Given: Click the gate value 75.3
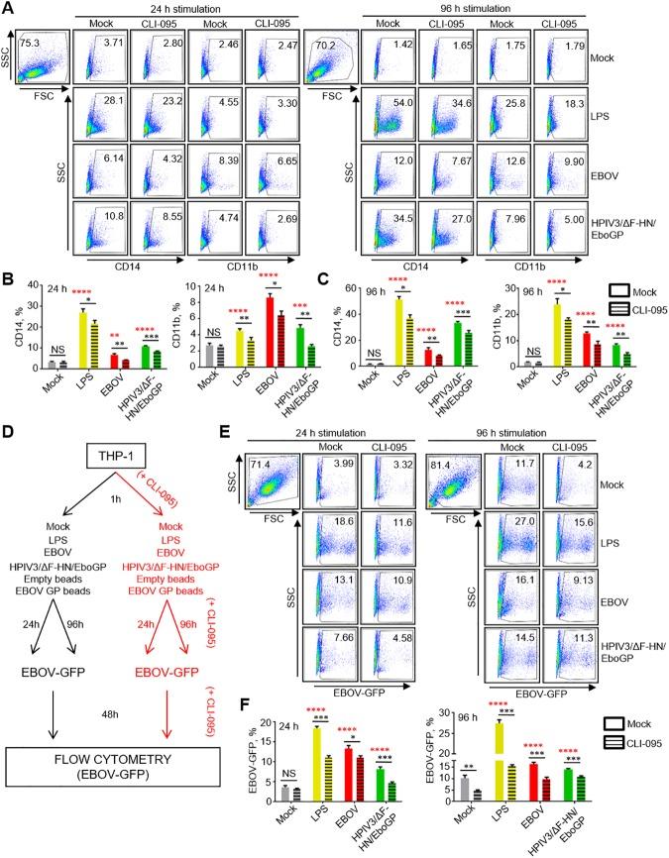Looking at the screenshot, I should pos(24,43).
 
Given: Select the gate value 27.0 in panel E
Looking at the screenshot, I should pos(526,573).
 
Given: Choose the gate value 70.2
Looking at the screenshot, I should pos(323,43).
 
